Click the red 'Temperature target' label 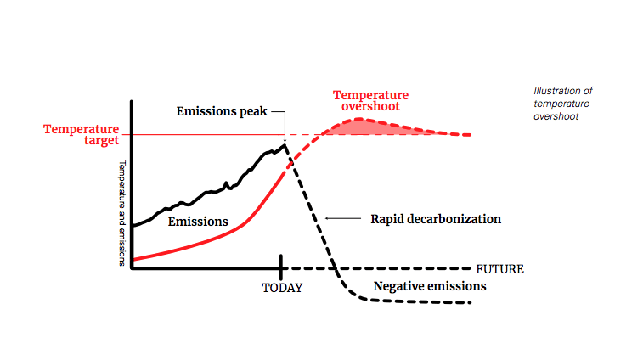tap(82, 135)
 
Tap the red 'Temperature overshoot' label tap(370, 100)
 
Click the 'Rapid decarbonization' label tap(436, 219)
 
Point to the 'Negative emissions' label tap(430, 286)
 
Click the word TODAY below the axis tap(281, 288)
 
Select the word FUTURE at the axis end tap(499, 269)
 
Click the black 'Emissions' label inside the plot tap(198, 222)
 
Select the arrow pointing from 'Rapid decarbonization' tap(343, 219)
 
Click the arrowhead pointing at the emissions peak tap(285, 138)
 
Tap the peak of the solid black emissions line tap(285, 145)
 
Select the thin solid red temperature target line tap(204, 134)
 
